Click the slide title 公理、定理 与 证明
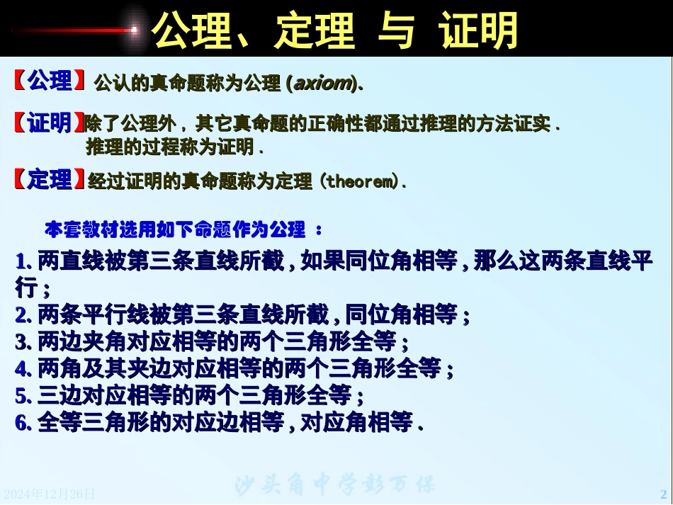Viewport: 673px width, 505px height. tap(335, 29)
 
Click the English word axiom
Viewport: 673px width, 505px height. tap(323, 83)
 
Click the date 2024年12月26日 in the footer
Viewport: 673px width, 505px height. tap(49, 494)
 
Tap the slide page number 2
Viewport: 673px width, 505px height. tap(663, 494)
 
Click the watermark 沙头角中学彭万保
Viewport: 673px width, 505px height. tap(334, 485)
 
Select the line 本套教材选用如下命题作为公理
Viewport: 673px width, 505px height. tap(176, 229)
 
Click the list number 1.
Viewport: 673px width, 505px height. tap(22, 263)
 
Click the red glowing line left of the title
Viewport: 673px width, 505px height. tap(74, 30)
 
